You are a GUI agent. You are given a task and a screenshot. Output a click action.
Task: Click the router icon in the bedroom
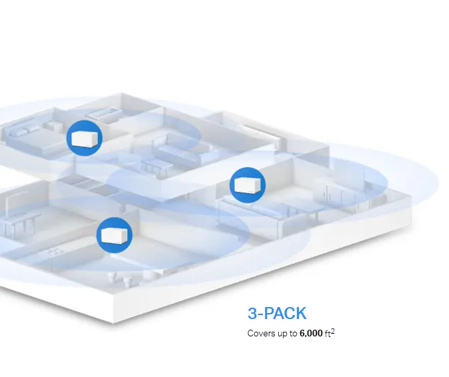tap(84, 139)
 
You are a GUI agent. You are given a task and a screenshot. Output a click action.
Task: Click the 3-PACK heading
tap(277, 314)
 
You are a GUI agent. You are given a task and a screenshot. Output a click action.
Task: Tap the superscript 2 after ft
tap(332, 330)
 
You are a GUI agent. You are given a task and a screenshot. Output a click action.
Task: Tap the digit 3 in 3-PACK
tap(252, 314)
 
